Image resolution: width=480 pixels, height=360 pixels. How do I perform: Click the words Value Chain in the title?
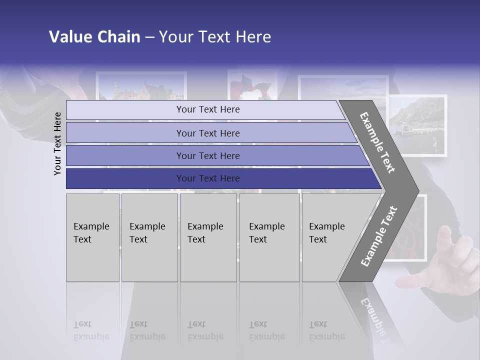[x=94, y=37]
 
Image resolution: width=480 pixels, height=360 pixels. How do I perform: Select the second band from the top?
[x=208, y=133]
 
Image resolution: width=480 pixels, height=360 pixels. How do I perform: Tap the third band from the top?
[x=208, y=155]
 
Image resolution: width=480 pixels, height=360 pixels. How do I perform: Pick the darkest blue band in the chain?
[x=208, y=178]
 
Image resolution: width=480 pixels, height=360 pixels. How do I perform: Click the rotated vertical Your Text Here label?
[x=57, y=143]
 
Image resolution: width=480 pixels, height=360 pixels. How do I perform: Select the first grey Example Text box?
[x=92, y=237]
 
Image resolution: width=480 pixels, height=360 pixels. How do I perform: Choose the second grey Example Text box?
[x=149, y=237]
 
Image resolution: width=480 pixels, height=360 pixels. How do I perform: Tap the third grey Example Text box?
[x=208, y=237]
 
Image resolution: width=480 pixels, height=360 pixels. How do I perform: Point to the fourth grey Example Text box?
[x=269, y=237]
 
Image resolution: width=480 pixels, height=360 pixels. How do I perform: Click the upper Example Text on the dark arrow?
[x=378, y=142]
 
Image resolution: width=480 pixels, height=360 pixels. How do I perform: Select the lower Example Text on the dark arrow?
[x=378, y=236]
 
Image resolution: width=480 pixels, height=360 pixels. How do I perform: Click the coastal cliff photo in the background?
[x=417, y=125]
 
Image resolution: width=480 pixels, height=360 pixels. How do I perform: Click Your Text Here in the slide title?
[x=215, y=37]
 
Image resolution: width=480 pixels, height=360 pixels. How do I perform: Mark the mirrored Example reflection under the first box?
[x=90, y=336]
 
